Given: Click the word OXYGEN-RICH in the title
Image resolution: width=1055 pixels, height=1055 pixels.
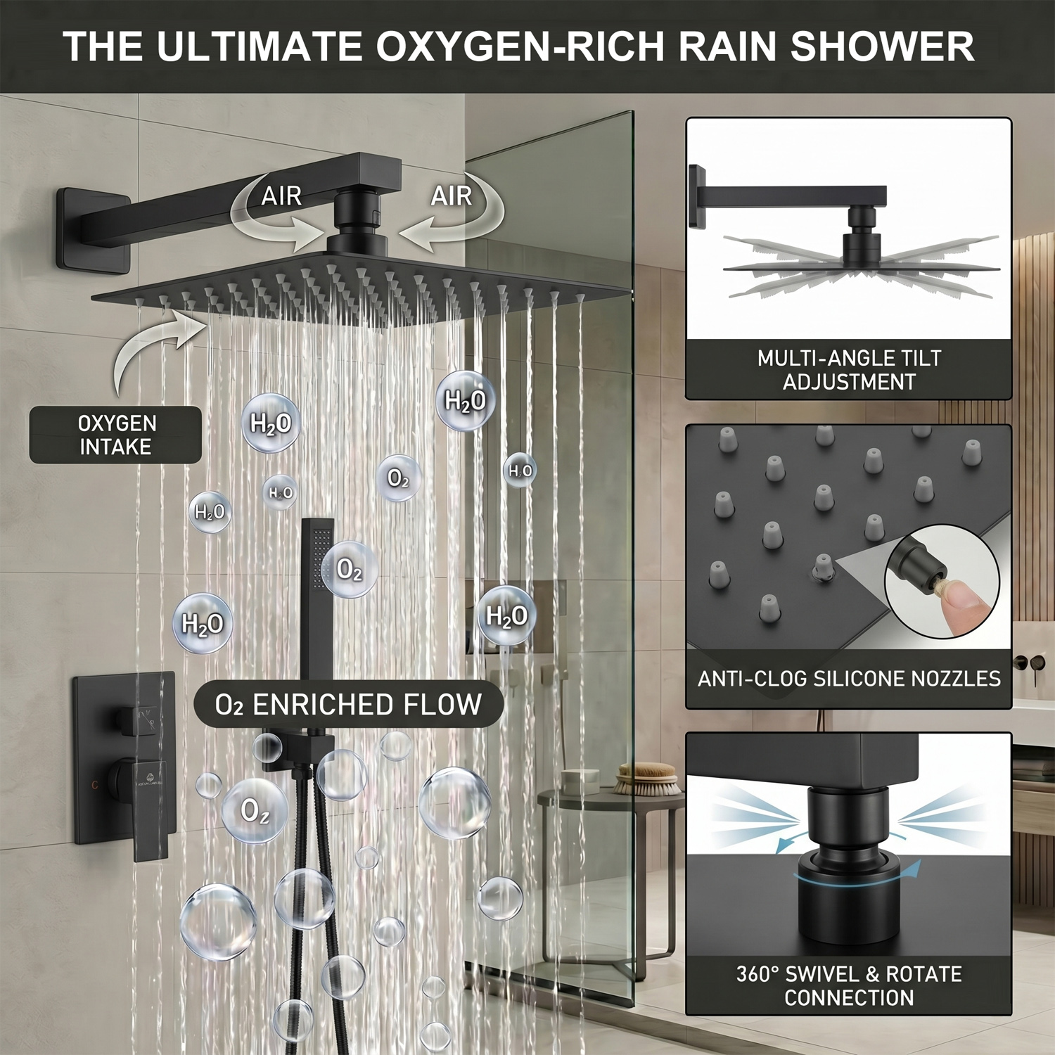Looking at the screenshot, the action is pyautogui.click(x=521, y=46).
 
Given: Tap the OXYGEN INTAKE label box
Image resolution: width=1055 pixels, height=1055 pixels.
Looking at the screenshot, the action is pyautogui.click(x=115, y=435).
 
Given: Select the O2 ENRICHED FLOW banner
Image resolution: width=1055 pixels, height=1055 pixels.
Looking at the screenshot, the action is pyautogui.click(x=349, y=704).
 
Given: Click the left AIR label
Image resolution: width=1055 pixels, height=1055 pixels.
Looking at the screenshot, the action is pyautogui.click(x=281, y=196).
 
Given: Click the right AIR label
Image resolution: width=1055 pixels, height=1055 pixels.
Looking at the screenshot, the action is pyautogui.click(x=452, y=196).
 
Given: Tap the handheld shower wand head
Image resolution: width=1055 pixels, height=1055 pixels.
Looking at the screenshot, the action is pyautogui.click(x=317, y=556).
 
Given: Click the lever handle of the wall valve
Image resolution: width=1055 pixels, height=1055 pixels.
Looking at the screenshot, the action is pyautogui.click(x=151, y=809).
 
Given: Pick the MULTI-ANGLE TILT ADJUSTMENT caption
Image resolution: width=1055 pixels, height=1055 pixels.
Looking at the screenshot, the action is pyautogui.click(x=849, y=370).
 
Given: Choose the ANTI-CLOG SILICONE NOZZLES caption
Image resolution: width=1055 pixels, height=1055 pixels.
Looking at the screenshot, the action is pyautogui.click(x=849, y=678).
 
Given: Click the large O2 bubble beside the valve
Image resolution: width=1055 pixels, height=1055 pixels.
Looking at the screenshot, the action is pyautogui.click(x=255, y=811).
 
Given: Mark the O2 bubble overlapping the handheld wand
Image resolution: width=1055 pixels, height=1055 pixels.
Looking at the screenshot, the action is pyautogui.click(x=350, y=569).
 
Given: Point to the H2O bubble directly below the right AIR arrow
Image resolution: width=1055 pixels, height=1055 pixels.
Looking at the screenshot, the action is pyautogui.click(x=465, y=400).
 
